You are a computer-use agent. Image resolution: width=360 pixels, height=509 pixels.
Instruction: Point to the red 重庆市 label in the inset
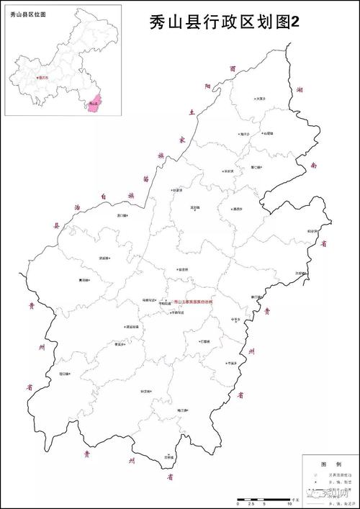pos(45,77)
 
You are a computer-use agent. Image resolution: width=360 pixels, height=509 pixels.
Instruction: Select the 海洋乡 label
pos(245,134)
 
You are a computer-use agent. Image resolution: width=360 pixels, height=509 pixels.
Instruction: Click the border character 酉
pos(232,68)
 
